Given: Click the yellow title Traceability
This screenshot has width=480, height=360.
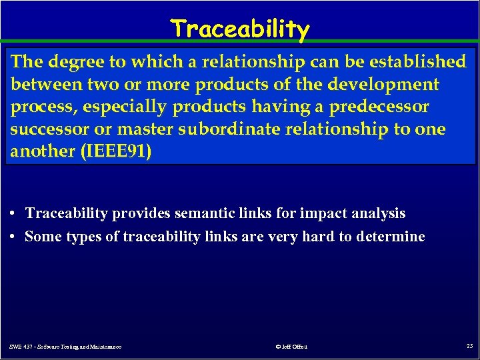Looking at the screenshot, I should pyautogui.click(x=240, y=29).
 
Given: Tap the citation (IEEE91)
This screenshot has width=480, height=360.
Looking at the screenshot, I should pyautogui.click(x=116, y=151).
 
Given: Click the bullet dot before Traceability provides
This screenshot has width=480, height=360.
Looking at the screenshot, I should pyautogui.click(x=14, y=214).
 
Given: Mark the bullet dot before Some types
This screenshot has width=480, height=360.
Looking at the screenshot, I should pyautogui.click(x=14, y=237).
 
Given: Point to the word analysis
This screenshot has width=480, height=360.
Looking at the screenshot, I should pyautogui.click(x=378, y=214).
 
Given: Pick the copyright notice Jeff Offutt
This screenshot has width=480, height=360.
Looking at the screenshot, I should pyautogui.click(x=291, y=346).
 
